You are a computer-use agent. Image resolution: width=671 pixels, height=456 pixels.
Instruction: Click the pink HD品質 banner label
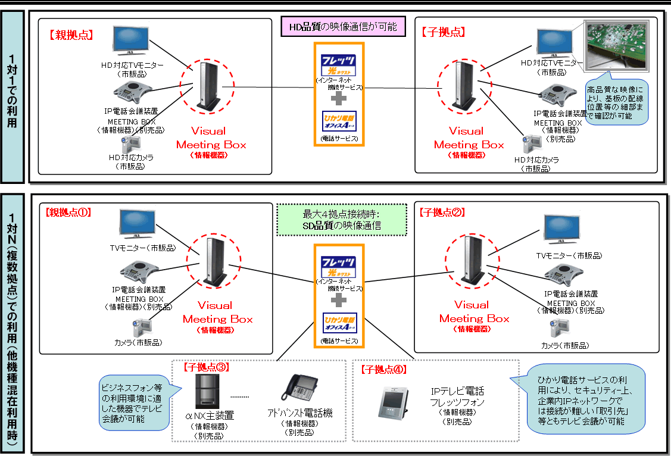pyautogui.click(x=343, y=27)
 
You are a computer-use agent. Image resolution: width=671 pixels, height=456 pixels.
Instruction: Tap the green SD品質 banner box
pyautogui.click(x=341, y=220)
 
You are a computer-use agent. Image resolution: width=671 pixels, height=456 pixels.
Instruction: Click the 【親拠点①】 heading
pyautogui.click(x=68, y=211)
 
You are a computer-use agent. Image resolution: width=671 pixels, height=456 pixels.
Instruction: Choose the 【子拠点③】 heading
pyautogui.click(x=206, y=367)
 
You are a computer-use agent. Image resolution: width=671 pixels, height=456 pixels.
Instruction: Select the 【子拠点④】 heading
pyautogui.click(x=384, y=369)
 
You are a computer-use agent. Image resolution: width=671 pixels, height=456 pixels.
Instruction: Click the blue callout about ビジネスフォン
pyautogui.click(x=136, y=398)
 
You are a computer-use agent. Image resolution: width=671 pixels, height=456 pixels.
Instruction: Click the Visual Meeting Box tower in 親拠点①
pyautogui.click(x=212, y=260)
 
